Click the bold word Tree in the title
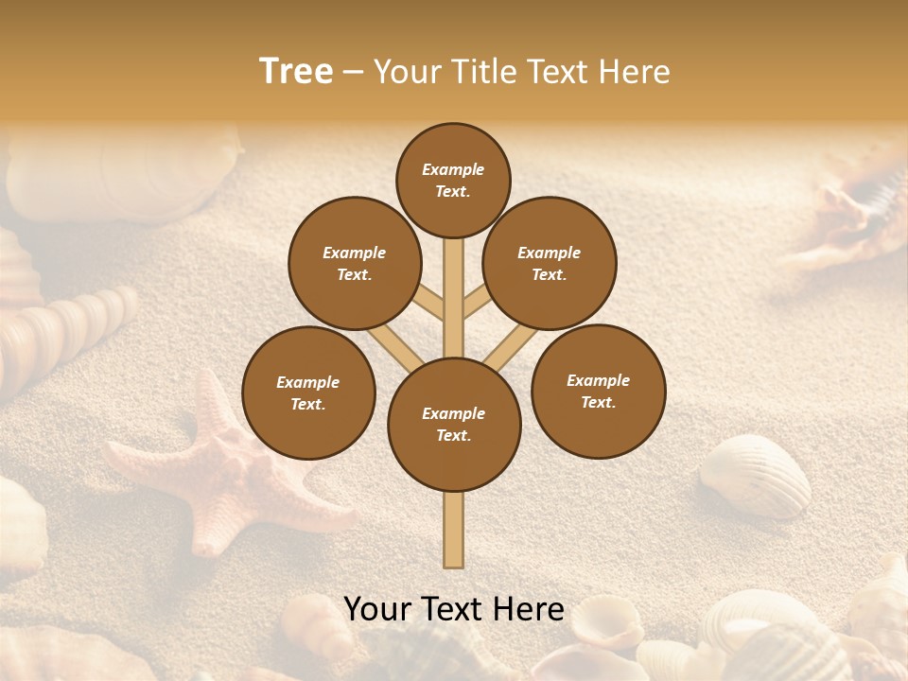[296, 72]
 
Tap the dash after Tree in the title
[353, 73]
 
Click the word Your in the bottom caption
[377, 609]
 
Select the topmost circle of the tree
[453, 180]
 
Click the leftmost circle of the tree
[308, 393]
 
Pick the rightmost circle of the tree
[598, 391]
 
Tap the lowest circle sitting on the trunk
[454, 425]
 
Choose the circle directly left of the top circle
[354, 263]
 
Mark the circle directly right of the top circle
[550, 263]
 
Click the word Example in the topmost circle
[453, 169]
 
